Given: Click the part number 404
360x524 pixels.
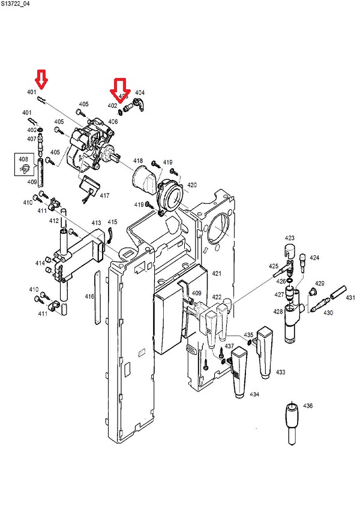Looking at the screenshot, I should (x=140, y=93).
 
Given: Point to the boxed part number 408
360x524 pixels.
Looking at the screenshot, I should (x=23, y=159).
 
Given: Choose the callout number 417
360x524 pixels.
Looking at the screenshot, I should (x=104, y=195).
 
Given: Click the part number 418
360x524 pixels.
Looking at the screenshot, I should (x=138, y=161).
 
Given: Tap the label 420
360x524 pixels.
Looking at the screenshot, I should (x=191, y=185).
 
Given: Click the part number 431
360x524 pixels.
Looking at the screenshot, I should (x=350, y=298).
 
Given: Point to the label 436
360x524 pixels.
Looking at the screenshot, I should (x=308, y=406).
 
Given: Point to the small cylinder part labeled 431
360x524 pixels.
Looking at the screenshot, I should (x=335, y=291).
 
